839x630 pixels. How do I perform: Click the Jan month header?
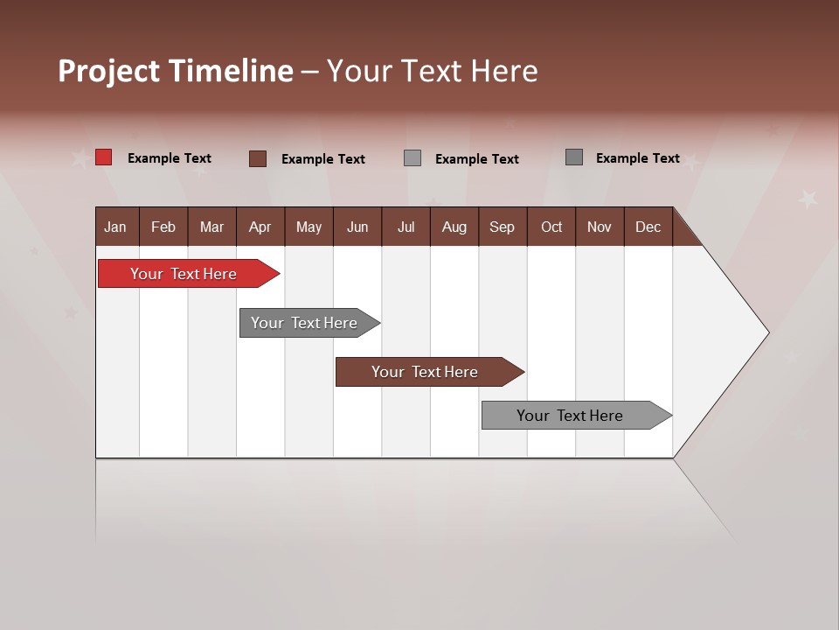(116, 227)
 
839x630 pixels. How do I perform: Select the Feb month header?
(163, 227)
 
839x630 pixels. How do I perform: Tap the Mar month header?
(211, 227)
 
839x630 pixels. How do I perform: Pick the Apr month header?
(260, 227)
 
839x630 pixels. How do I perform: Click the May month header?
(309, 227)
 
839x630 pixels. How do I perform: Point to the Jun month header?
(357, 227)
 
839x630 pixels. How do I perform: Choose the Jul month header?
(406, 227)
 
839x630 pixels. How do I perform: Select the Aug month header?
(454, 227)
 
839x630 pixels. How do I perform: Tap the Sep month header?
(503, 227)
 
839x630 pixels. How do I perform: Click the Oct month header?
(551, 227)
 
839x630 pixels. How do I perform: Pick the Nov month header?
(600, 227)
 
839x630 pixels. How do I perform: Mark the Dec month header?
(648, 227)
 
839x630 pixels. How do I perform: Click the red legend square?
(104, 157)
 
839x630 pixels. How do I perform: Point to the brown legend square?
(258, 158)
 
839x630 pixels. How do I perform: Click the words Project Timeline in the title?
(176, 71)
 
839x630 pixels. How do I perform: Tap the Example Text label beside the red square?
(170, 158)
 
